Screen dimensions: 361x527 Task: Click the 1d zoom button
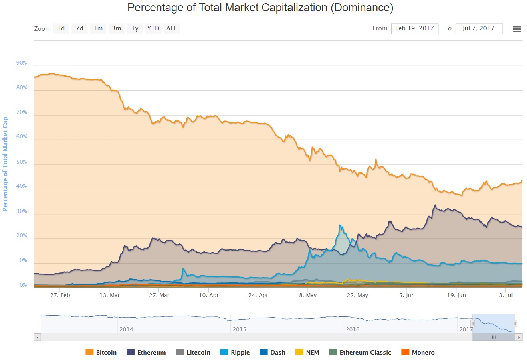pos(61,28)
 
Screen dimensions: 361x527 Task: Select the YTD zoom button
pos(153,28)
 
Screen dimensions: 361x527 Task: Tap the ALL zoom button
pos(171,28)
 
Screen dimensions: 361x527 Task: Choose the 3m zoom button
pos(116,28)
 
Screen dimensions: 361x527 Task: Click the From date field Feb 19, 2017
pos(414,28)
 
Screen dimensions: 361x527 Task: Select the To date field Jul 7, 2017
pos(478,28)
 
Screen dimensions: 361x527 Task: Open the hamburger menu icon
pos(517,29)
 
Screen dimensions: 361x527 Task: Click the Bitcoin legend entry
pos(101,352)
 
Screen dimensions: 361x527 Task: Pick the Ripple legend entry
pos(235,352)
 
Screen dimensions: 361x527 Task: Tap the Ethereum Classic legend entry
pos(360,352)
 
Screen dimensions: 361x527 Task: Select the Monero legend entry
pos(418,352)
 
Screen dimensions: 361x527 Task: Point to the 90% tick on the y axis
pos(22,63)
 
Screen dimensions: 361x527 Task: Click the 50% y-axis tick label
pos(22,162)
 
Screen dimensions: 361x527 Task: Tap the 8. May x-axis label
pos(308,295)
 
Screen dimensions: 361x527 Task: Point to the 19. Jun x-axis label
pos(456,295)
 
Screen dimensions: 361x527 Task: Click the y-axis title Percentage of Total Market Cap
pos(5,164)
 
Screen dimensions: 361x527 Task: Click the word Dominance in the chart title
pos(362,7)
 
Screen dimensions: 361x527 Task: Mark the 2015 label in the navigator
pos(239,329)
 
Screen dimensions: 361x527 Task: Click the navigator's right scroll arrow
pos(519,337)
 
